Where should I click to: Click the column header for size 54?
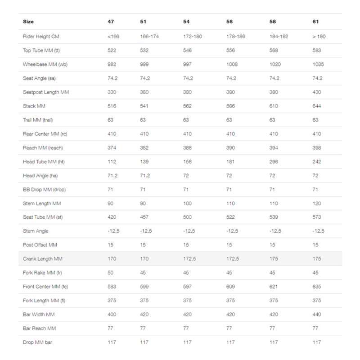[186, 22]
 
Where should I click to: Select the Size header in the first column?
[28, 22]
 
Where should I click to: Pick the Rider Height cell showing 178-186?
[236, 36]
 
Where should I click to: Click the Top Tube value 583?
[316, 50]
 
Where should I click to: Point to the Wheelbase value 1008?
[230, 64]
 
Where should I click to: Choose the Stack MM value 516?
[112, 106]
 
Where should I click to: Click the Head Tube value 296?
[274, 162]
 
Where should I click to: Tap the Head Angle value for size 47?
[112, 175]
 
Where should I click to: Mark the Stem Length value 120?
[316, 203]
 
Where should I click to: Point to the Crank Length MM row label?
[43, 259]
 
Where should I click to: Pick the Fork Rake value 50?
[111, 273]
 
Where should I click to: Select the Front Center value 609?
[230, 287]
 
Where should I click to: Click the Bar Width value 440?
[316, 315]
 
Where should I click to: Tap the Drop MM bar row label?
[38, 342]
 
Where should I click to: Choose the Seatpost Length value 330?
[112, 92]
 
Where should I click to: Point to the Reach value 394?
[274, 148]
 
